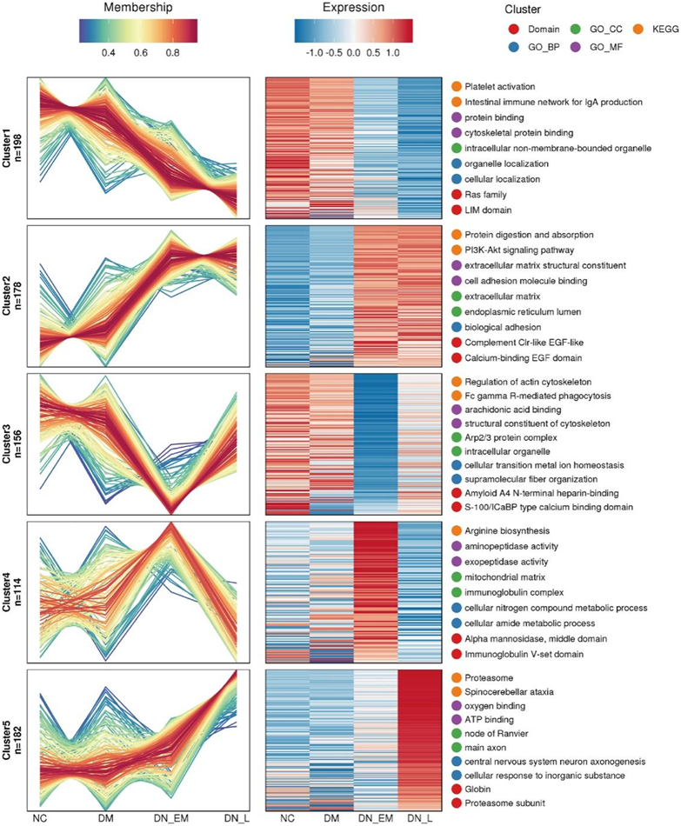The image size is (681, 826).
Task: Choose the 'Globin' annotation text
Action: click(479, 789)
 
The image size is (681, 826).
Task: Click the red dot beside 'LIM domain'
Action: click(457, 210)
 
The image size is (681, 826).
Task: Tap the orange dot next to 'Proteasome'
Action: click(457, 677)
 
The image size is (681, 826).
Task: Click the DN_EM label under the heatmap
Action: click(376, 818)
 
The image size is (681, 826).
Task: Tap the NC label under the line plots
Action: click(40, 818)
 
